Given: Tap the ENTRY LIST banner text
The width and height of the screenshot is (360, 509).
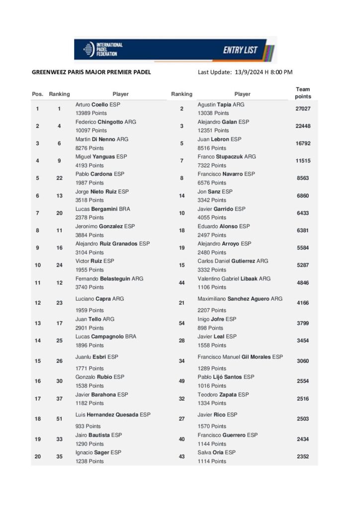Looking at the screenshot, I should pyautogui.click(x=240, y=50).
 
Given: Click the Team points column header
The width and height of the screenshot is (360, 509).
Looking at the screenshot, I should pyautogui.click(x=303, y=93).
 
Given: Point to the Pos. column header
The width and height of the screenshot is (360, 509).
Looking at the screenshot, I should pyautogui.click(x=38, y=94).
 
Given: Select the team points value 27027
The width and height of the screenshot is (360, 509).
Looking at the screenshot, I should pyautogui.click(x=303, y=108).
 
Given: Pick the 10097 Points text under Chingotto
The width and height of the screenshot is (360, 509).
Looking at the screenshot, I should pyautogui.click(x=90, y=131).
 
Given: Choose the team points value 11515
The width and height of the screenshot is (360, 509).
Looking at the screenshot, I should pyautogui.click(x=303, y=161).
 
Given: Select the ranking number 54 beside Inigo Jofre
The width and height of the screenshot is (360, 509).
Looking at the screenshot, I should pyautogui.click(x=181, y=324).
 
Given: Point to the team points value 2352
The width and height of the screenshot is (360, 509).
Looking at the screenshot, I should pyautogui.click(x=303, y=456).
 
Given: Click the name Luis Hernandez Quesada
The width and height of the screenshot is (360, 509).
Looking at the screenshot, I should pyautogui.click(x=113, y=415).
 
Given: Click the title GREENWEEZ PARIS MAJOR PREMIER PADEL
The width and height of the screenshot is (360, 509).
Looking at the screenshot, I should pyautogui.click(x=91, y=73).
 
